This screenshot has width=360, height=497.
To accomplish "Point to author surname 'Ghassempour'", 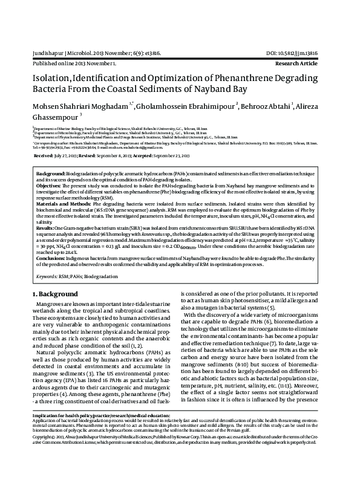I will pyautogui.click(x=54, y=119).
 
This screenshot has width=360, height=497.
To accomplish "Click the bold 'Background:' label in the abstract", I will pyautogui.click(x=50, y=173).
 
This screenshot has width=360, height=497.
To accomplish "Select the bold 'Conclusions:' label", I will pyautogui.click(x=51, y=258).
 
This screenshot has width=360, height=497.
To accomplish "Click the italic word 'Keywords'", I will pyautogui.click(x=45, y=275).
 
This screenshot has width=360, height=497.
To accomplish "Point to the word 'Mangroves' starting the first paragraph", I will pyautogui.click(x=51, y=303).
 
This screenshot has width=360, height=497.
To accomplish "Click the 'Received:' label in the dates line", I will pyautogui.click(x=45, y=155).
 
